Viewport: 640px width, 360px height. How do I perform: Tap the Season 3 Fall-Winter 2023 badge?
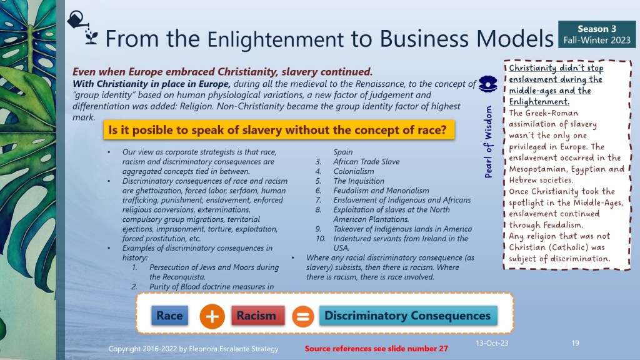pyautogui.click(x=597, y=34)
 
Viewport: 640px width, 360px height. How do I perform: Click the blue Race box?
pyautogui.click(x=170, y=316)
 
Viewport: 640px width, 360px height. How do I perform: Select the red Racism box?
pyautogui.click(x=257, y=316)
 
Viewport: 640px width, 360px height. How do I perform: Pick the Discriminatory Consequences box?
pyautogui.click(x=408, y=316)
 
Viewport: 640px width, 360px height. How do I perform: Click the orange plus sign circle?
pyautogui.click(x=212, y=316)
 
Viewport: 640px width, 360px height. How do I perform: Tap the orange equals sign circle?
pyautogui.click(x=303, y=316)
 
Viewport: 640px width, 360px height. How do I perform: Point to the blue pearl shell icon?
pyautogui.click(x=487, y=84)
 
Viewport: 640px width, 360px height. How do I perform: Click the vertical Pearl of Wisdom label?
pyautogui.click(x=488, y=142)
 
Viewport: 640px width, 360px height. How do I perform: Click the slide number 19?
pyautogui.click(x=575, y=343)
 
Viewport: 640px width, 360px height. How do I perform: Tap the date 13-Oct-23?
pyautogui.click(x=492, y=343)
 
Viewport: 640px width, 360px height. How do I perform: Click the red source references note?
pyautogui.click(x=376, y=349)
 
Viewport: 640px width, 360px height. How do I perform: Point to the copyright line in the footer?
pyautogui.click(x=194, y=349)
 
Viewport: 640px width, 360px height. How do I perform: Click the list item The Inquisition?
pyautogui.click(x=359, y=181)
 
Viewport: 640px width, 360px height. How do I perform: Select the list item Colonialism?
pyautogui.click(x=354, y=171)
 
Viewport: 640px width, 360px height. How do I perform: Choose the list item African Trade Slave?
pyautogui.click(x=366, y=162)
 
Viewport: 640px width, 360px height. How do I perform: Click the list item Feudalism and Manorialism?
pyautogui.click(x=381, y=191)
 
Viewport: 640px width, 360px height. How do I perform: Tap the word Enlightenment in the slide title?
pyautogui.click(x=276, y=39)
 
